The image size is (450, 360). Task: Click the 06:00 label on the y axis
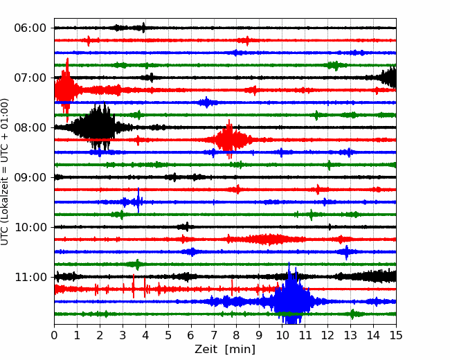30,28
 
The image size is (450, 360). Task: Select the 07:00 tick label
30,78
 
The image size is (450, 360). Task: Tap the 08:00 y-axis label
30,127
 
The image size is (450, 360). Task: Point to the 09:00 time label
30,177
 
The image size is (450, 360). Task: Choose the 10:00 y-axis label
30,227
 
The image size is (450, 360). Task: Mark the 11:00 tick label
30,277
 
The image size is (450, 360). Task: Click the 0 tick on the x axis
55,336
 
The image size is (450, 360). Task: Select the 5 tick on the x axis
168,336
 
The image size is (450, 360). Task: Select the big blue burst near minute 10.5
291,301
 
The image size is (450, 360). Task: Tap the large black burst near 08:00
99,127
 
